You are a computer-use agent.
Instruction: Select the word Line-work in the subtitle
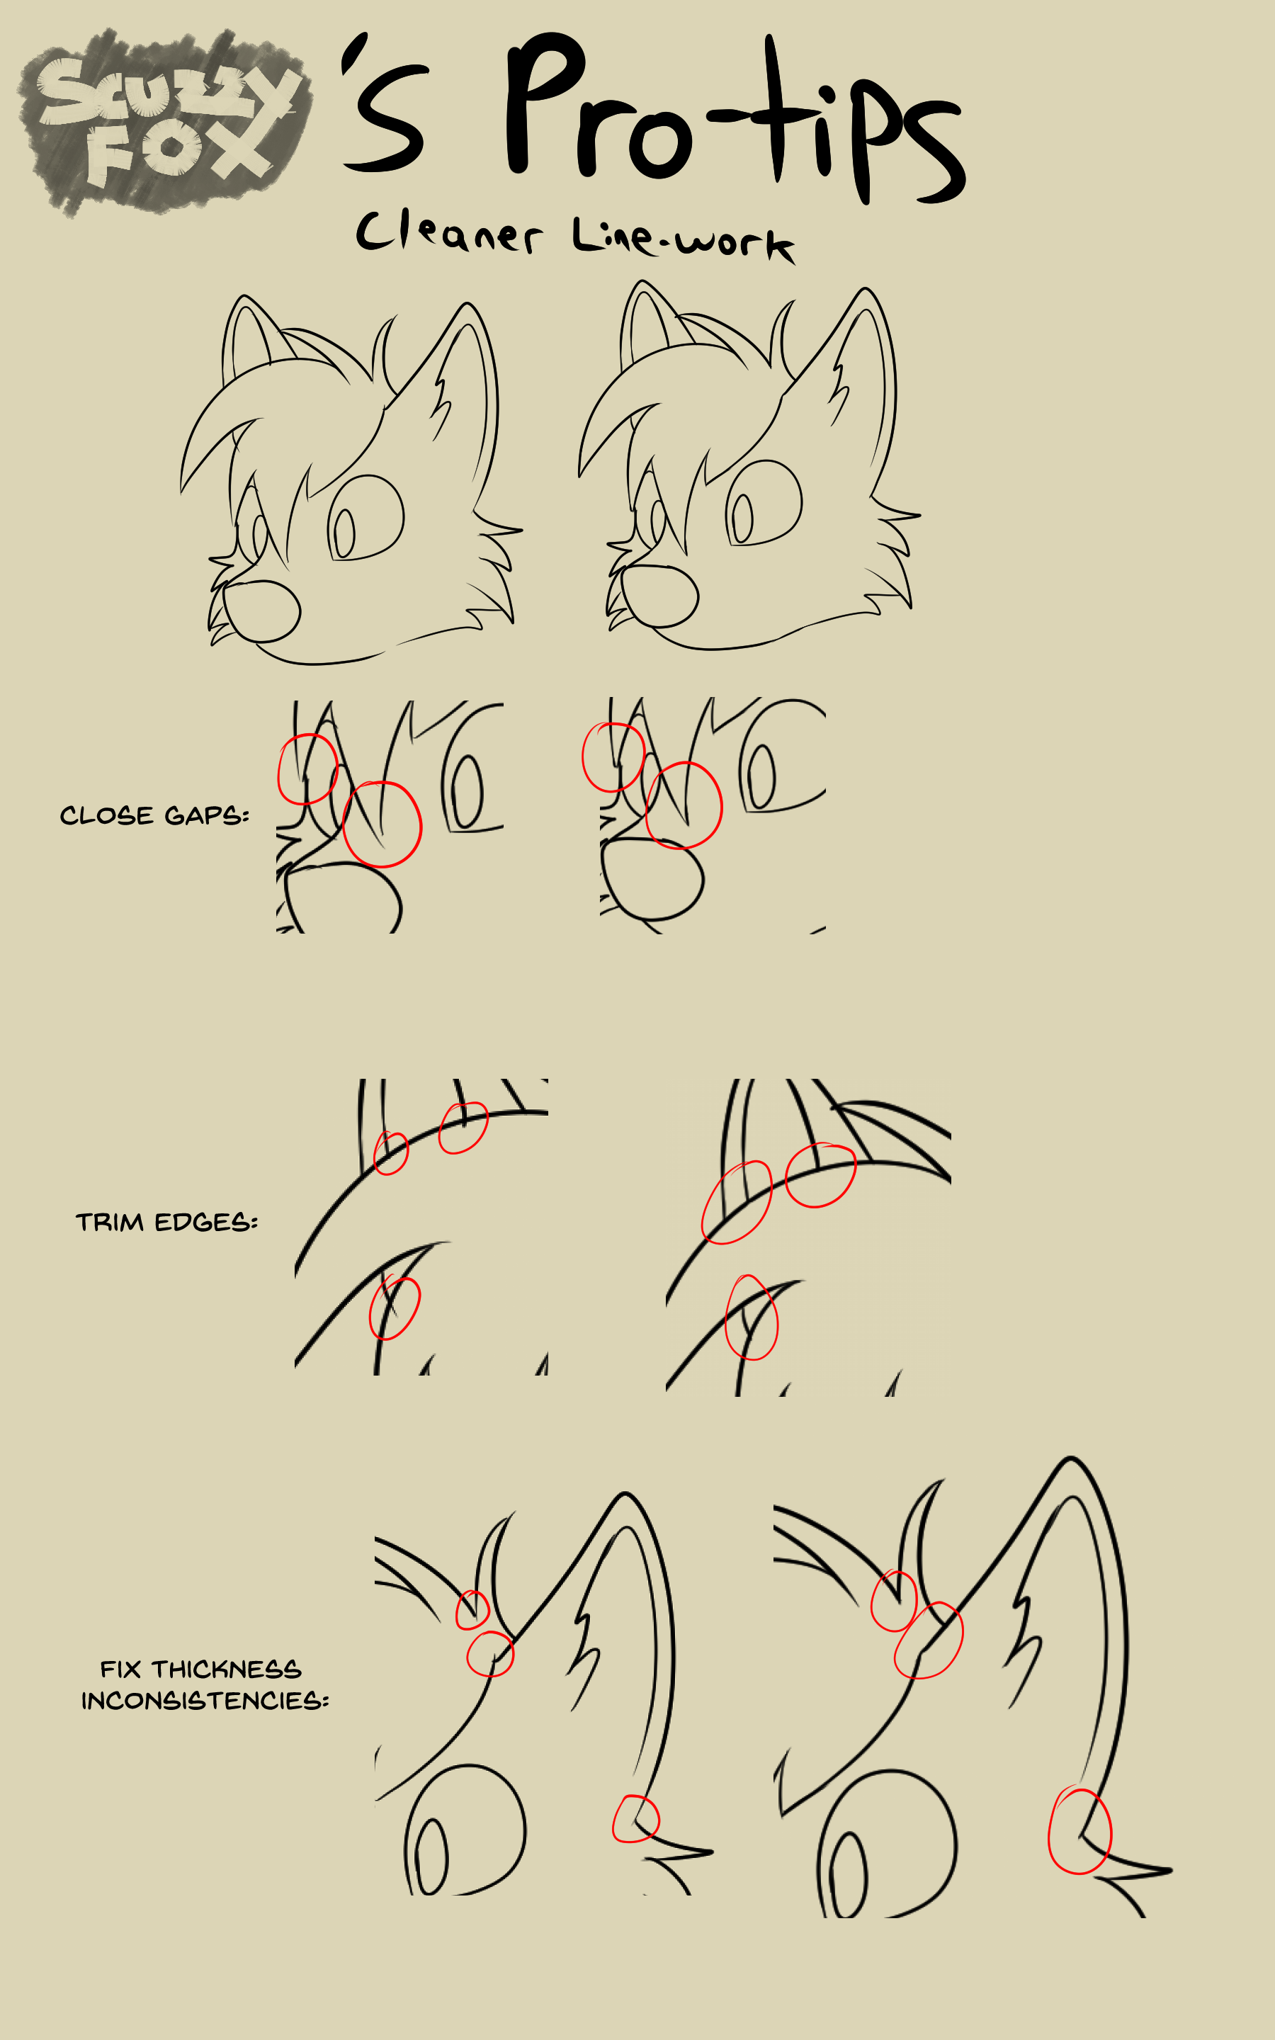click(683, 239)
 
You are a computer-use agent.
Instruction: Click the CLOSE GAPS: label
click(154, 815)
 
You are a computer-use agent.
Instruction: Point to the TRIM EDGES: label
click(167, 1223)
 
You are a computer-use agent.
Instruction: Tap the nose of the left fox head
click(261, 611)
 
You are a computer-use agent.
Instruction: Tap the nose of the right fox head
click(659, 595)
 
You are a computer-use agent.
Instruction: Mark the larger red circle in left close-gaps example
click(382, 824)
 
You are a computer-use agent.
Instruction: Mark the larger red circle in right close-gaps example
click(684, 805)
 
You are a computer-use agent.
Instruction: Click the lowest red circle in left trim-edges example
click(395, 1308)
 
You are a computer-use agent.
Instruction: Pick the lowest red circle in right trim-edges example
click(752, 1317)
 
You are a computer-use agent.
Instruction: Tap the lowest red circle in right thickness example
click(1080, 1830)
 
